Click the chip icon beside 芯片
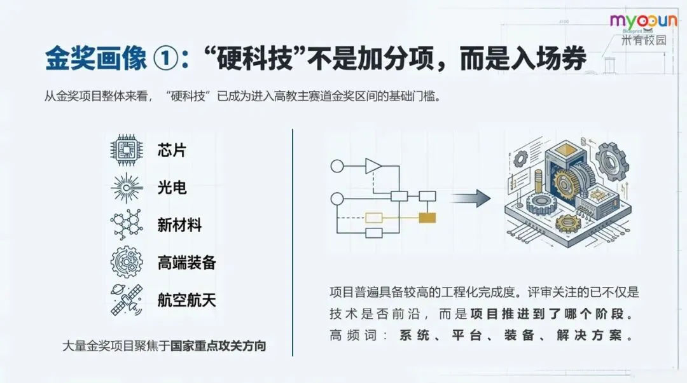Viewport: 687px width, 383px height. pyautogui.click(x=127, y=150)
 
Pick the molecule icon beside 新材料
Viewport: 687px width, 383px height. pyautogui.click(x=127, y=224)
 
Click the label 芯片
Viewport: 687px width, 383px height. pyautogui.click(x=172, y=151)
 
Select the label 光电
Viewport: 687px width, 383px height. pyautogui.click(x=172, y=188)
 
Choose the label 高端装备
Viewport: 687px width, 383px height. pyautogui.click(x=187, y=262)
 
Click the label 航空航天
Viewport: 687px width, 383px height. pyautogui.click(x=187, y=300)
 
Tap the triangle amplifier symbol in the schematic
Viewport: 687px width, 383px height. pyautogui.click(x=373, y=167)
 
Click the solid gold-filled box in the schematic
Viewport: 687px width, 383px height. pyautogui.click(x=427, y=218)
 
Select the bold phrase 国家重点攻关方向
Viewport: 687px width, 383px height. pyautogui.click(x=219, y=346)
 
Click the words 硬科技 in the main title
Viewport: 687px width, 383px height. pyautogui.click(x=258, y=60)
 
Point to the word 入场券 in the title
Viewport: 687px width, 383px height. pyautogui.click(x=549, y=60)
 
